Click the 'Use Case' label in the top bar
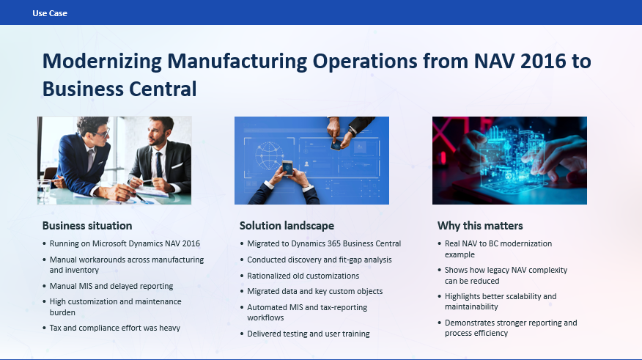50,13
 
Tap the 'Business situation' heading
87,225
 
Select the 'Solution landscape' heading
287,225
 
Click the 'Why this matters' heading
480,225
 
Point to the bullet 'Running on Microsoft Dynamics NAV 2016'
125,243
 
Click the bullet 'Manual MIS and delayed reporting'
111,286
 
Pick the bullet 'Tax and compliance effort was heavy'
115,328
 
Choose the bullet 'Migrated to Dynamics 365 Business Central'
324,243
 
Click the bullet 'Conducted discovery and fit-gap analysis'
320,260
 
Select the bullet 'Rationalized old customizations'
303,276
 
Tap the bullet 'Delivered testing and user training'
309,334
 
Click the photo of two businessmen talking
114,160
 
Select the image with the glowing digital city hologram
509,160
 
